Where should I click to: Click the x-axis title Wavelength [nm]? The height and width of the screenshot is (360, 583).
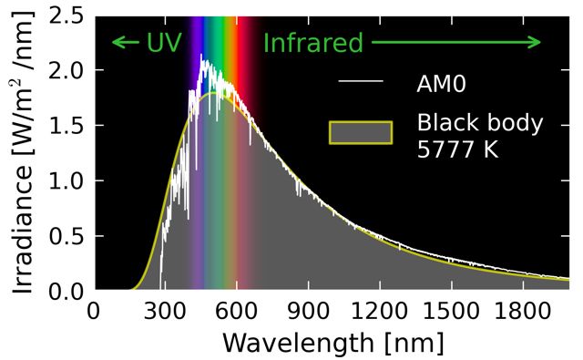pos(332,343)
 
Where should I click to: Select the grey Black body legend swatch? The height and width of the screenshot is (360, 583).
pos(361,133)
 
